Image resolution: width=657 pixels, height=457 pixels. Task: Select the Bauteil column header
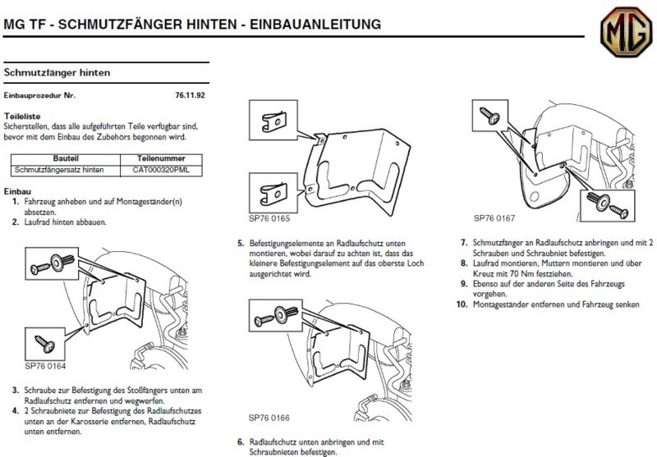65,158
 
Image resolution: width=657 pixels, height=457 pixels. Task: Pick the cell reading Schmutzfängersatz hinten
65,170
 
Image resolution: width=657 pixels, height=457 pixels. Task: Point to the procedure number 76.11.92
190,95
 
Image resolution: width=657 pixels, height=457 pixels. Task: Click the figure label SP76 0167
494,219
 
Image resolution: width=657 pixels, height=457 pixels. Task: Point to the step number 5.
241,244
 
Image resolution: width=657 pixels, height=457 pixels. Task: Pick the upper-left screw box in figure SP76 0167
494,116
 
